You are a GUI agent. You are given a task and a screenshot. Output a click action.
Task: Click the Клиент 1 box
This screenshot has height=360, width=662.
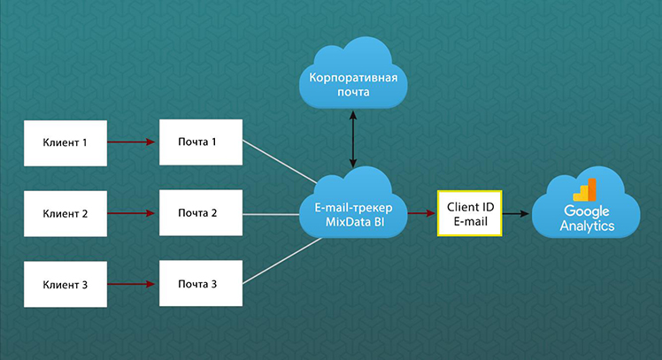pos(65,143)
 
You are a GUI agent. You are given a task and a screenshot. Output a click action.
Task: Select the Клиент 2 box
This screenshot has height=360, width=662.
pos(65,213)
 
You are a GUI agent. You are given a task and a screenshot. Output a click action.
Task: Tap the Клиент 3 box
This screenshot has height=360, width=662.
pos(65,284)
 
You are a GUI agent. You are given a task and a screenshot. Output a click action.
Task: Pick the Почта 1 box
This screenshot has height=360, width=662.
pos(201,142)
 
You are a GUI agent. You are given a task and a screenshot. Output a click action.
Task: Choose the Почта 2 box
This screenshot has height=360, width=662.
pos(201,212)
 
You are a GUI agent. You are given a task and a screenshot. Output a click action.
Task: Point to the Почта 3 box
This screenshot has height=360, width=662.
pos(201,283)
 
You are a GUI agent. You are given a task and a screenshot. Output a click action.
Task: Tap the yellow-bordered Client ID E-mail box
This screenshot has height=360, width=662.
pos(469,213)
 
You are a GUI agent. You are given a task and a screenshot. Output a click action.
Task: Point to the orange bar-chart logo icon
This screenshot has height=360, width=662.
pos(585,190)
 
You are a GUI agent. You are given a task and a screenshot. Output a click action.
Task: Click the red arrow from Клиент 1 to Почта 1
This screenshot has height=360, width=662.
pos(131,142)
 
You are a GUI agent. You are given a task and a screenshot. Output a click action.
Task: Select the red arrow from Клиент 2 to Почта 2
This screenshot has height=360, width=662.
pos(131,213)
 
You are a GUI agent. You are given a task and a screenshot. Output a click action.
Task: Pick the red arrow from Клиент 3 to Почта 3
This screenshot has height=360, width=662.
pos(131,284)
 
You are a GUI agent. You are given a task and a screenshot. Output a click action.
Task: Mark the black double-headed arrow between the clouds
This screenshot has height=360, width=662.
pos(353,139)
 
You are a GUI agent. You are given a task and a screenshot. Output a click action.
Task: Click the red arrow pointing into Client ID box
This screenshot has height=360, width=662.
pos(421,213)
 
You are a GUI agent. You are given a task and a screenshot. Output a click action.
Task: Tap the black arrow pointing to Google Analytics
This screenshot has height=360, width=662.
pos(515,214)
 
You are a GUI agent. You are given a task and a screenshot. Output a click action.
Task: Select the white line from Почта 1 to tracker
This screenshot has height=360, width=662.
pos(280,162)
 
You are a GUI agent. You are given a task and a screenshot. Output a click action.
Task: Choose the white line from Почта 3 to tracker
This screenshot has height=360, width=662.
pos(282,261)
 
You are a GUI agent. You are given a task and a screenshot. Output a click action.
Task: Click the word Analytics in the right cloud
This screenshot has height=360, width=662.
pos(588,226)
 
